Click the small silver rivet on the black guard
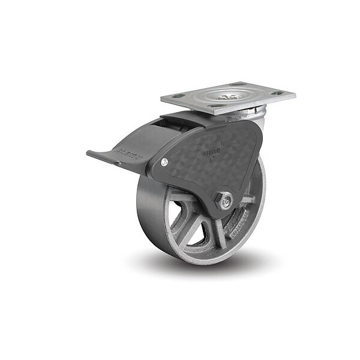coord(164,161)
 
